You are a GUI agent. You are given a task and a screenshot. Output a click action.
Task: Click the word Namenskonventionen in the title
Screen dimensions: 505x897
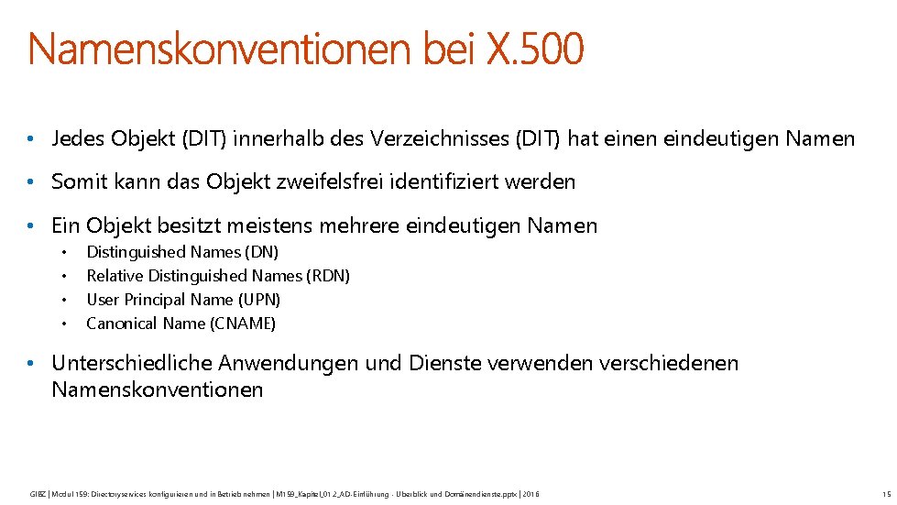point(221,49)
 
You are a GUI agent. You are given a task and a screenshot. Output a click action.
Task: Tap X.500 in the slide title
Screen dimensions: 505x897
point(534,49)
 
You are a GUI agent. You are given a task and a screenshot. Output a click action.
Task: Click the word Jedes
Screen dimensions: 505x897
point(78,139)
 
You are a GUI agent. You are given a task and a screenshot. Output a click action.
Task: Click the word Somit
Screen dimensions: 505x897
point(79,181)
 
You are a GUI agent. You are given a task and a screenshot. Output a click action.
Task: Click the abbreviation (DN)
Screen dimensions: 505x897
point(262,252)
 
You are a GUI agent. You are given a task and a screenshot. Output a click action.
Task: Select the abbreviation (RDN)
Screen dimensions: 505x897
point(329,276)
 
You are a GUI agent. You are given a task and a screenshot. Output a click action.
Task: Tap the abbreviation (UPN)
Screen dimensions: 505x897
point(259,300)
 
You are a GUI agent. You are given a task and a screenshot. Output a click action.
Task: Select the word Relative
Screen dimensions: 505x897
point(115,276)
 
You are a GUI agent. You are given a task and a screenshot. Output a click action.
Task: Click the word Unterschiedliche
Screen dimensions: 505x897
point(127,363)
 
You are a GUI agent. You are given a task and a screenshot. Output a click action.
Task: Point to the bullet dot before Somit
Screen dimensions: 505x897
point(31,182)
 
